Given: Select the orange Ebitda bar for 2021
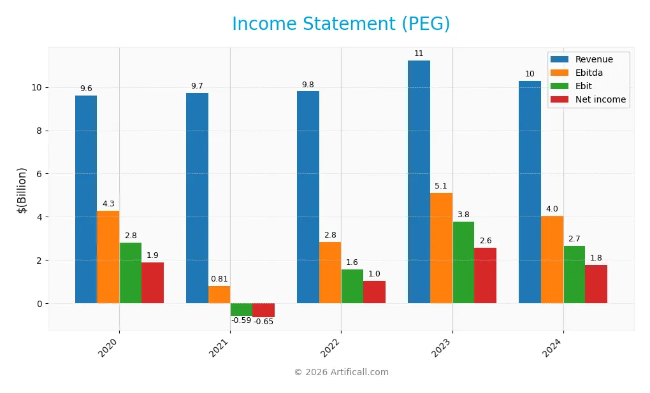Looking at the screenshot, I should coord(219,294).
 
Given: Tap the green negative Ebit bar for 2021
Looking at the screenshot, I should coord(242,310).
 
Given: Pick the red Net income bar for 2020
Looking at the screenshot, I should coord(152,283).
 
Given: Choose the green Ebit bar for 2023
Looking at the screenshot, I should coord(463,262).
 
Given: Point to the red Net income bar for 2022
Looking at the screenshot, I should coord(374,292).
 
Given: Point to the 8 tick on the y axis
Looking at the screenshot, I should coord(38,131).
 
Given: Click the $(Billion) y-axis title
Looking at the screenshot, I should coord(22,190).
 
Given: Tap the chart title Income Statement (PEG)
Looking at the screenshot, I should coord(341,24).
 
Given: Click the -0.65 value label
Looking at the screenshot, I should coord(264,322).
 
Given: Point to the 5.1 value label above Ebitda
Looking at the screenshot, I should coord(441,186).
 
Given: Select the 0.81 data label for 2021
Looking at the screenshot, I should coord(219,279).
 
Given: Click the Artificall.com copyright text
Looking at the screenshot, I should coord(341,373).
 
